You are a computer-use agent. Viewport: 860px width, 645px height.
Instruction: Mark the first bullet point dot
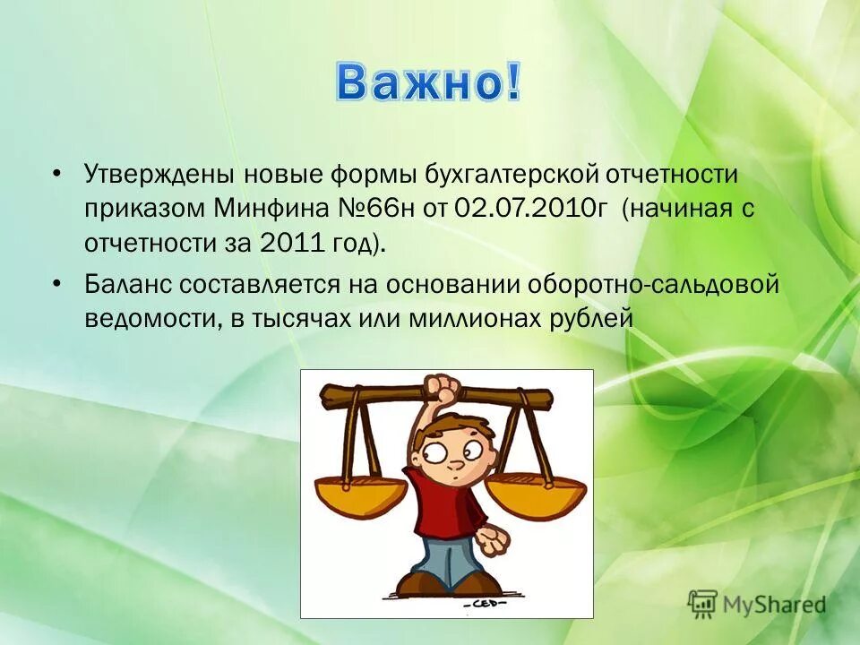(57, 172)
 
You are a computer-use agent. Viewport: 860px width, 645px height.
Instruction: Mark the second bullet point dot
(57, 284)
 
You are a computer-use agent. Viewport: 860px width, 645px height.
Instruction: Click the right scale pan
(535, 494)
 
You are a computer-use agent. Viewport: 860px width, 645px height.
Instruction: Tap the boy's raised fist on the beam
(443, 389)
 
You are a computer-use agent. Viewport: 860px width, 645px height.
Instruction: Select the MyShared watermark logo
(756, 604)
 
